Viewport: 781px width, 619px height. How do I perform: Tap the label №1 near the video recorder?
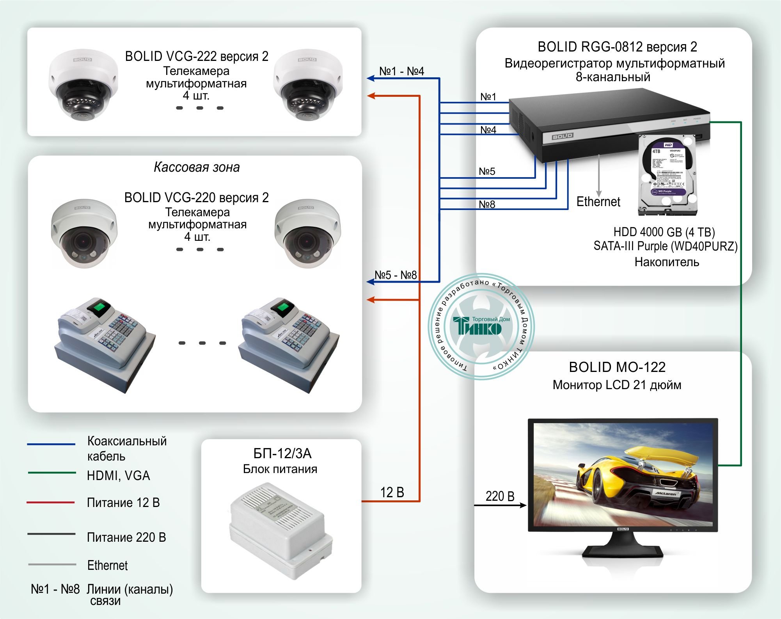[x=488, y=97]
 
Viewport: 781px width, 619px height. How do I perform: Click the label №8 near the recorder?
[x=487, y=204]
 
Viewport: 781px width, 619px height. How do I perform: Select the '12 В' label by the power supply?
[x=392, y=493]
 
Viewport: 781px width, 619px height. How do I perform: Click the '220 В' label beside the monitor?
[x=500, y=496]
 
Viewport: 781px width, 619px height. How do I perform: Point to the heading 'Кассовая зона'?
[x=197, y=167]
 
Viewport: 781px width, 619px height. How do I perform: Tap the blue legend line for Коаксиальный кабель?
[x=51, y=444]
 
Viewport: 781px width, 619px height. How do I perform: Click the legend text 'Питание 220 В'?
[x=126, y=537]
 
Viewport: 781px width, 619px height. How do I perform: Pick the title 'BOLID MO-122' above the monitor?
[x=617, y=367]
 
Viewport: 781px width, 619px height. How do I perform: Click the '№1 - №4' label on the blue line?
[x=401, y=71]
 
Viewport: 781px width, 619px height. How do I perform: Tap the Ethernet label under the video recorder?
[x=598, y=202]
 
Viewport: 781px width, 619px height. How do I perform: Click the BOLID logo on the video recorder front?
[x=562, y=136]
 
